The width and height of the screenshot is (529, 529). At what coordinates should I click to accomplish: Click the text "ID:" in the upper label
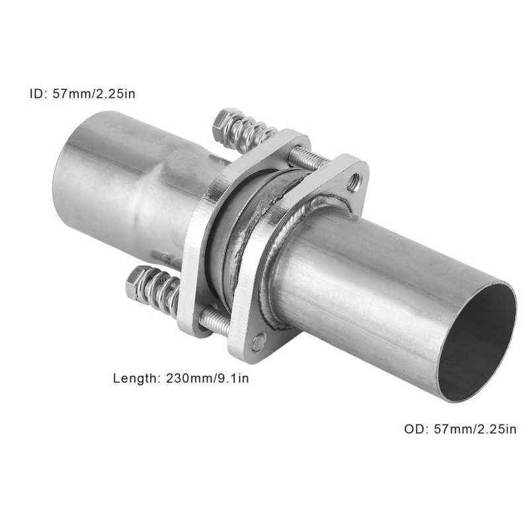tap(38, 93)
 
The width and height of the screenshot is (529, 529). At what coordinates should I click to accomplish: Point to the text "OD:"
tap(417, 429)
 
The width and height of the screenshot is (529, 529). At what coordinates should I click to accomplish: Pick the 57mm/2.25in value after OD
tap(475, 429)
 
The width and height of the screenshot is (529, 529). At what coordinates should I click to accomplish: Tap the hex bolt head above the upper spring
tap(225, 120)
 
